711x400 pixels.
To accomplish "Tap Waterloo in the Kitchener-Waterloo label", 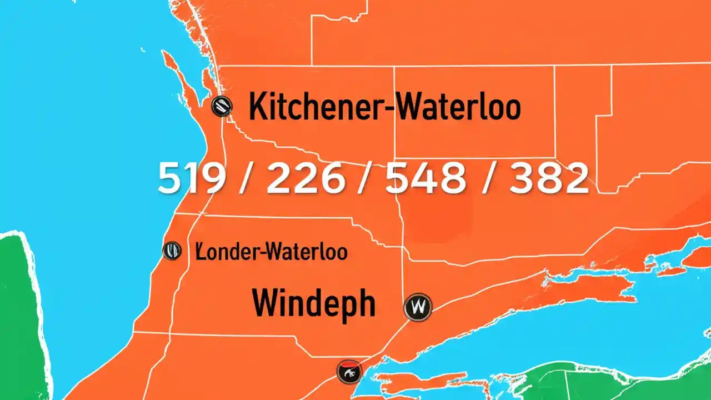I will (x=457, y=107).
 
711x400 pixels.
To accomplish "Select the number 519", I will (x=192, y=179).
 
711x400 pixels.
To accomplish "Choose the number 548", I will (x=427, y=179).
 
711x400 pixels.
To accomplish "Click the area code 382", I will (x=549, y=179).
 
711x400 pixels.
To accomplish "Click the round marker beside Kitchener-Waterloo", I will (x=222, y=105).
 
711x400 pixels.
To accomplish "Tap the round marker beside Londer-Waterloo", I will (x=172, y=251).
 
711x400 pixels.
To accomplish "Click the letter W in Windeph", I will (x=267, y=303).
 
